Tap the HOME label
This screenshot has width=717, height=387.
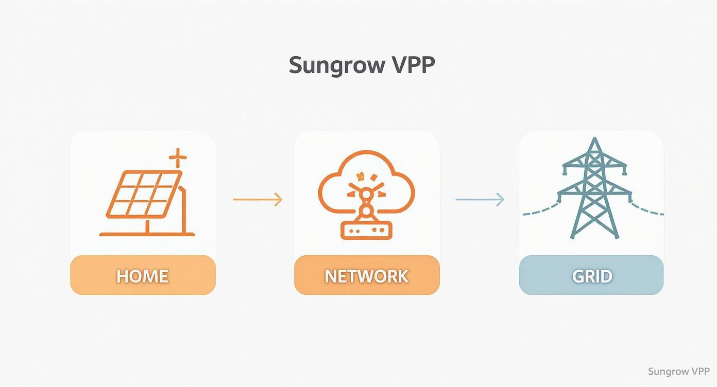pos(143,276)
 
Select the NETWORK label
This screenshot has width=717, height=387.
pos(367,276)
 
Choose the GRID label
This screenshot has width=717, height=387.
pos(591,276)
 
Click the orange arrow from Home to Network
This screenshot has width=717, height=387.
pos(258,199)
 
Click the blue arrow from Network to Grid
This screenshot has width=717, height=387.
pos(480,199)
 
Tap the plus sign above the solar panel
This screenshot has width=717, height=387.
pos(178,158)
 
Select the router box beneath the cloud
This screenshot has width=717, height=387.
pos(366,231)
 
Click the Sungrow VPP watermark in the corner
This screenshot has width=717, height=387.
pos(678,372)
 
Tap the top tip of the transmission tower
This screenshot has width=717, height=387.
pos(595,139)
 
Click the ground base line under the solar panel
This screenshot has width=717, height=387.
pos(147,234)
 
